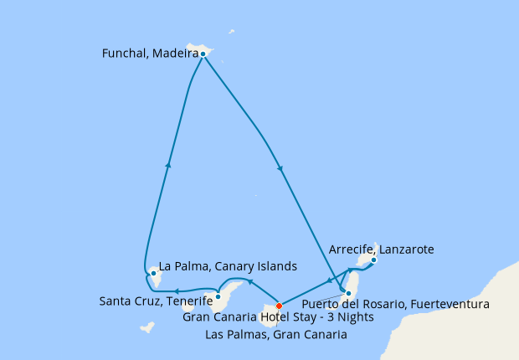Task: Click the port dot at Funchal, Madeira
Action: click(x=203, y=54)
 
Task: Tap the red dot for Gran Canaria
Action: click(x=279, y=306)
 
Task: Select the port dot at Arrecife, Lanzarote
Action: click(x=373, y=260)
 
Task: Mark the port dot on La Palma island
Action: click(x=152, y=273)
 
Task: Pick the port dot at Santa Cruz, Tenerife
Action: click(x=218, y=296)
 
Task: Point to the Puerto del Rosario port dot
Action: click(x=347, y=292)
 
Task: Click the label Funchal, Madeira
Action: click(x=149, y=54)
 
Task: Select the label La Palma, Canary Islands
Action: click(x=228, y=267)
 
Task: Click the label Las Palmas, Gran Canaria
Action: click(x=277, y=335)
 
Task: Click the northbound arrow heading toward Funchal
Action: click(x=169, y=164)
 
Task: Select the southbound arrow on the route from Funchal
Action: click(x=280, y=170)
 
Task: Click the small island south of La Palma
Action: click(x=147, y=326)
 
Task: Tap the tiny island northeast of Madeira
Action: click(x=232, y=32)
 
